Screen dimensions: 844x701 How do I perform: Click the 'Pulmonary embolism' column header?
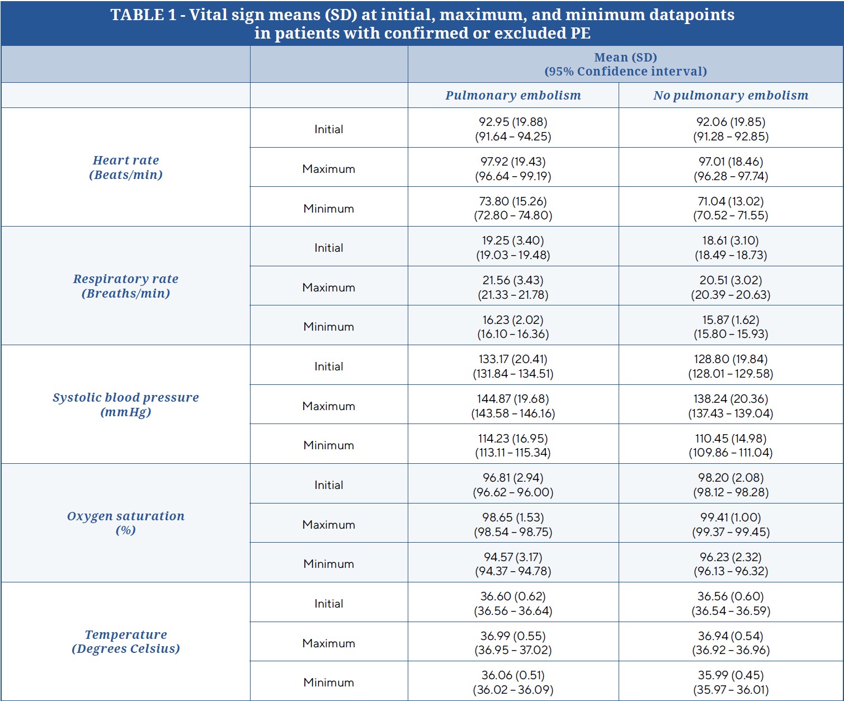coord(513,95)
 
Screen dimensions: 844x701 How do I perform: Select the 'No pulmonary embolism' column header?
coord(731,95)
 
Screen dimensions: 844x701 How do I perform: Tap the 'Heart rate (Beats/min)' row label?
coord(126,167)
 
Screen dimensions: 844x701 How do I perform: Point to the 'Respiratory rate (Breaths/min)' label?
coord(126,286)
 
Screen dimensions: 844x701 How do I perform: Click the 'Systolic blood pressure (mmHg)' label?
coord(126,404)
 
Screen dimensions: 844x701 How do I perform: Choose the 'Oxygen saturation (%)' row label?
coord(126,523)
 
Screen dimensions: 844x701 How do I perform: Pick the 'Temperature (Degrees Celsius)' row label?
coord(126,641)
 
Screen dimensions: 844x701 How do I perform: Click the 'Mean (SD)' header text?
coord(625,58)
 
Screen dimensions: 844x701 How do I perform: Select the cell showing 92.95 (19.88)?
coord(513,122)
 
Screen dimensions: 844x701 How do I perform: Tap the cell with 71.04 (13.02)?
coord(731,201)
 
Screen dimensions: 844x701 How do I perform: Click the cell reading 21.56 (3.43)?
coord(513,280)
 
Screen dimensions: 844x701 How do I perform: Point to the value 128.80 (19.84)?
coord(731,359)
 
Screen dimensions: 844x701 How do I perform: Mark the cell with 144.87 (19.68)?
coord(513,398)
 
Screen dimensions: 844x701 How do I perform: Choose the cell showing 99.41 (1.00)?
coord(731,517)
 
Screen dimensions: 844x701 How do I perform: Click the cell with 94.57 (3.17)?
coord(513,557)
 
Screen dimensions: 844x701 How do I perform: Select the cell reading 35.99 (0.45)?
coord(731,675)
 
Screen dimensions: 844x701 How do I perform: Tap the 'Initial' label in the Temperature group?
coord(329,604)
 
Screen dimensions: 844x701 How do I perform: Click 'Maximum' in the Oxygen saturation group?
coord(329,525)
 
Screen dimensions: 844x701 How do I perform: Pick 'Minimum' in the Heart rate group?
coord(329,209)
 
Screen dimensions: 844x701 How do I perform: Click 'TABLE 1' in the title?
coord(144,15)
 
